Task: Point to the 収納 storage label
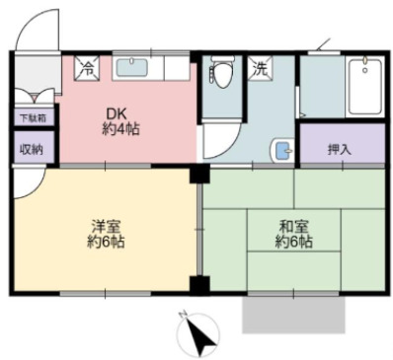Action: [x=31, y=149]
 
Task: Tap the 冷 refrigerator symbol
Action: [x=87, y=69]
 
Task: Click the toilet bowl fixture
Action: [x=223, y=74]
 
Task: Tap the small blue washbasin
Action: [x=281, y=151]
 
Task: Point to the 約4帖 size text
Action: [x=118, y=130]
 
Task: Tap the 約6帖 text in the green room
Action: [x=294, y=242]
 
